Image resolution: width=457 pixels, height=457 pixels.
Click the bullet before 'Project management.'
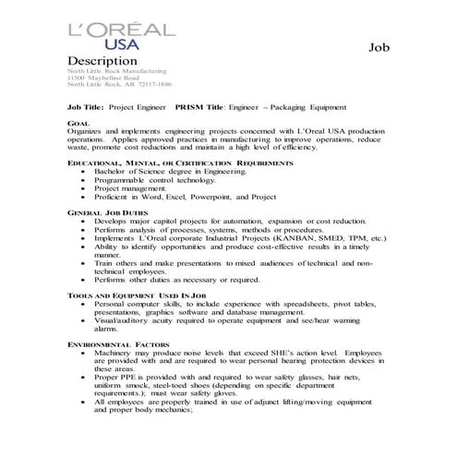85,187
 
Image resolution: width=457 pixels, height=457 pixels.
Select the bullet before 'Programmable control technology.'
85,179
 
